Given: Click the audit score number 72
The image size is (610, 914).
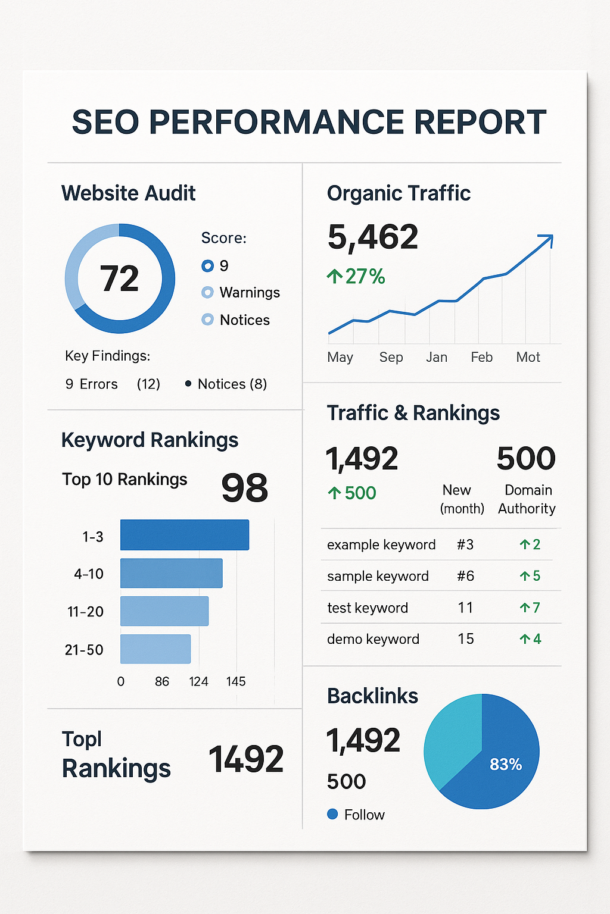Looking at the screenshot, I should click(119, 278).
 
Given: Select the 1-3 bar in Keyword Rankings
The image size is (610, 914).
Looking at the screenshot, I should click(185, 535).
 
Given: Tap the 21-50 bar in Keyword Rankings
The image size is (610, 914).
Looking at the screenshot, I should click(155, 649).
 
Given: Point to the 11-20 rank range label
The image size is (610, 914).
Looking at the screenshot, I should click(86, 612).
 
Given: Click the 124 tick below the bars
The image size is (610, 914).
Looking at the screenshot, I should click(198, 681).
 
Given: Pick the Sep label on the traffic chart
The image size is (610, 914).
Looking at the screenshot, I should click(391, 357).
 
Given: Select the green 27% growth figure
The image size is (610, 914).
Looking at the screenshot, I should click(356, 277).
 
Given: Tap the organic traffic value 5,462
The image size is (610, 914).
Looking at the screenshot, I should click(373, 237).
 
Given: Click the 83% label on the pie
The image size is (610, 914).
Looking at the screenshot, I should click(505, 764).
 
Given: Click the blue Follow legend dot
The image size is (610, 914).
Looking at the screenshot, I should click(332, 814).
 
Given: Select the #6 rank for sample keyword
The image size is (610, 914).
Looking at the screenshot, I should click(465, 576).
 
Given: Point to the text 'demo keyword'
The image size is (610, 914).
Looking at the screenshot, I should click(373, 639).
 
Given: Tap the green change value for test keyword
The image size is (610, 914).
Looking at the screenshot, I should click(530, 608).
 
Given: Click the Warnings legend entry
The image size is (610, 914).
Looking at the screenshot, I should click(249, 293).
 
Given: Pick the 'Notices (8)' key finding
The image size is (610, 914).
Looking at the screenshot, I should click(232, 384).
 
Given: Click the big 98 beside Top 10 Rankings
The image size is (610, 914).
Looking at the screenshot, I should click(244, 488).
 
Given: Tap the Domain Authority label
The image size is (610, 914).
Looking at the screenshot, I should click(527, 499).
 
